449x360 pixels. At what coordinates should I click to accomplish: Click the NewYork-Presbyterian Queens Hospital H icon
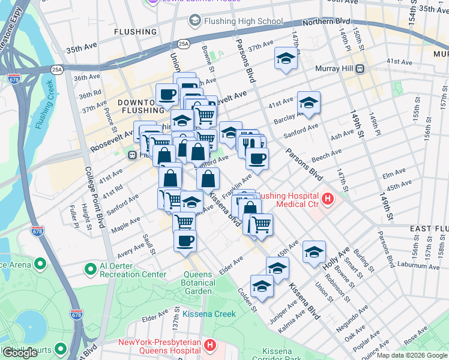209,346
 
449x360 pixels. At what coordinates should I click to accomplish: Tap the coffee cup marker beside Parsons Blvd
257,160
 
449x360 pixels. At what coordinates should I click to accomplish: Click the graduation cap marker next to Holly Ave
313,253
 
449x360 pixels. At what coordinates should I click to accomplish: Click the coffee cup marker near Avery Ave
185,241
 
